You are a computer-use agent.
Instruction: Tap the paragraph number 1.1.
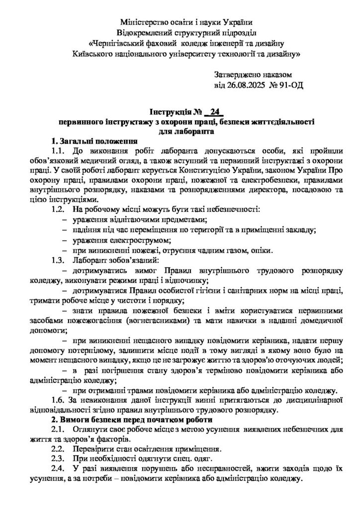pos(59,150)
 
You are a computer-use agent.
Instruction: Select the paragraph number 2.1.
pos(59,430)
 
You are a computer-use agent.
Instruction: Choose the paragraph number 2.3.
pos(59,458)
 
